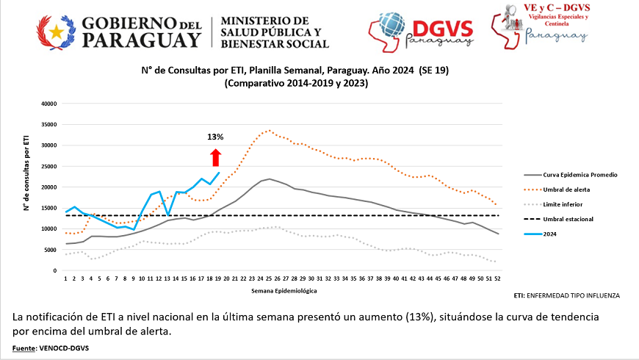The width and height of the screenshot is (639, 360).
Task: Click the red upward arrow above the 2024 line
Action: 215,157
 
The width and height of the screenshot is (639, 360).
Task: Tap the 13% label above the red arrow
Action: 215,137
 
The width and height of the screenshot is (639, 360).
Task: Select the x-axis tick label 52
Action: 498,278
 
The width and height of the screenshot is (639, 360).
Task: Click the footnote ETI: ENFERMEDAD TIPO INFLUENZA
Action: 567,295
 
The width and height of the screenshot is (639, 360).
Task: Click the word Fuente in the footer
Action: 24,348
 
